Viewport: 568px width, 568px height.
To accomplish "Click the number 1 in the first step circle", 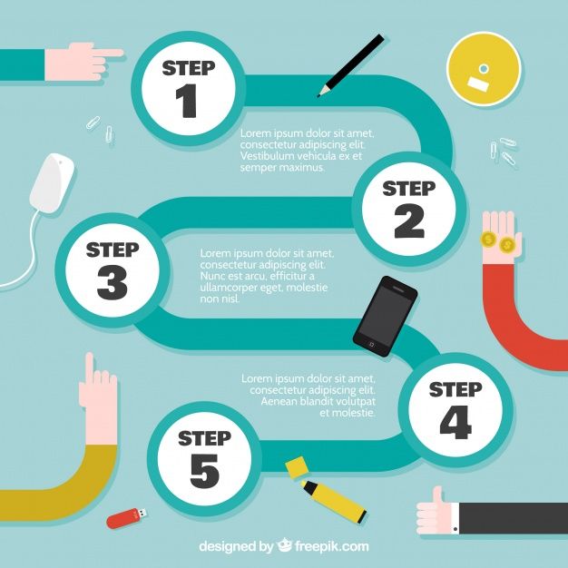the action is [187, 101].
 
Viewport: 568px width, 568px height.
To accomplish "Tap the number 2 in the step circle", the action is [409, 221].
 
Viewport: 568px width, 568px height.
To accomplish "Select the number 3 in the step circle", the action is [113, 282].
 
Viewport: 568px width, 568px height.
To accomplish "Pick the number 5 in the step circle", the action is [205, 471].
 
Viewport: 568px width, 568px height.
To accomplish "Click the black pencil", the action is [350, 65].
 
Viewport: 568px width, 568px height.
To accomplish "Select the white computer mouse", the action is [52, 183].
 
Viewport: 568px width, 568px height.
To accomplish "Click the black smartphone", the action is [385, 317].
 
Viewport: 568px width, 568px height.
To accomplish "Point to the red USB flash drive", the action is [127, 518].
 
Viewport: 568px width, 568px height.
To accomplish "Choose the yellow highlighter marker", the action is [333, 502].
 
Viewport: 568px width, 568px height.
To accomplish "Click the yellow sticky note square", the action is [297, 467].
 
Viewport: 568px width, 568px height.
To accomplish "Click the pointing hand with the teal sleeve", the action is [83, 61].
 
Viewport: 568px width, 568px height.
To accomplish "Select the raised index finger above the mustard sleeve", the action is [90, 367].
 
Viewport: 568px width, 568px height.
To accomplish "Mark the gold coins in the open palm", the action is [497, 242].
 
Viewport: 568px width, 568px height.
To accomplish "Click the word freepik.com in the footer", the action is [331, 546].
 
